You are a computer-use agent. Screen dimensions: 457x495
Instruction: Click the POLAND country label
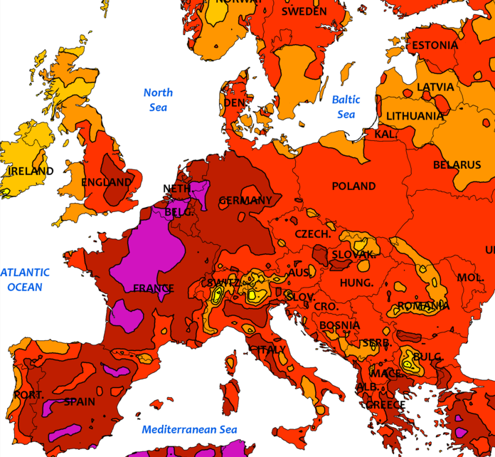point(353,187)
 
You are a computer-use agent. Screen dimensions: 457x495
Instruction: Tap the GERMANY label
point(245,201)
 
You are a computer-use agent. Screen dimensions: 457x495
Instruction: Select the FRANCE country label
point(154,289)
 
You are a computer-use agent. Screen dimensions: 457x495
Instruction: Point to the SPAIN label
point(79,401)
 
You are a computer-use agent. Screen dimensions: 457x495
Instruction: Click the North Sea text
point(158,100)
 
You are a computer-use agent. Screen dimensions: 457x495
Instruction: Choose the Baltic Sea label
point(346,107)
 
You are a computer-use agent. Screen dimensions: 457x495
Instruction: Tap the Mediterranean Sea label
point(189,429)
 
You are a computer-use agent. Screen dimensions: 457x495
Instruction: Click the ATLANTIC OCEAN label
point(25,280)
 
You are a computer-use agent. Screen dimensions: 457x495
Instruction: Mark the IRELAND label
point(30,172)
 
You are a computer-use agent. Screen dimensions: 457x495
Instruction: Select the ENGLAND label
point(107,182)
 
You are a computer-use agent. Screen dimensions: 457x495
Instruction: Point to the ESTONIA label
point(435,46)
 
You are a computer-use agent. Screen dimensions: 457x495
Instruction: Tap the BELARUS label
point(457,165)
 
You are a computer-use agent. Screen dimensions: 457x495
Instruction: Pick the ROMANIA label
point(423,306)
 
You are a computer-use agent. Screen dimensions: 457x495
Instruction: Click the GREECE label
point(385,405)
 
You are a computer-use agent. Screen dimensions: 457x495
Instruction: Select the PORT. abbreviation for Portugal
point(28,394)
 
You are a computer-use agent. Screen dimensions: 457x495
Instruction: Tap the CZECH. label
point(313,234)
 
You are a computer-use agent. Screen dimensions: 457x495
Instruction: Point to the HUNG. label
point(356,283)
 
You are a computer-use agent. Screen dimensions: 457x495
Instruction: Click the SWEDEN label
point(304,11)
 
